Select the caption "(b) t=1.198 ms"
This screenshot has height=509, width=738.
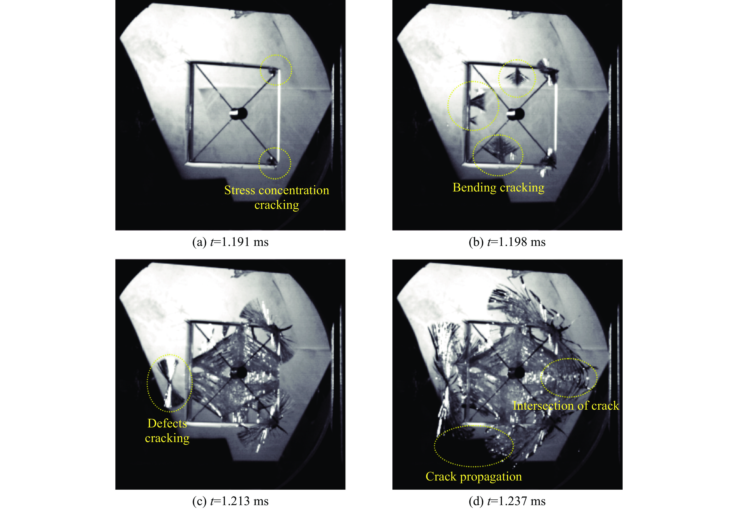(x=507, y=242)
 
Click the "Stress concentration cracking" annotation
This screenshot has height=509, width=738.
(x=277, y=197)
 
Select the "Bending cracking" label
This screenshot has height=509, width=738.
(x=498, y=188)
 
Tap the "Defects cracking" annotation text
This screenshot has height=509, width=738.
(x=167, y=431)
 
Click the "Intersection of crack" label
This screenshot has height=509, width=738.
(x=566, y=406)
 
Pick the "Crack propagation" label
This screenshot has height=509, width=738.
(x=473, y=476)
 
